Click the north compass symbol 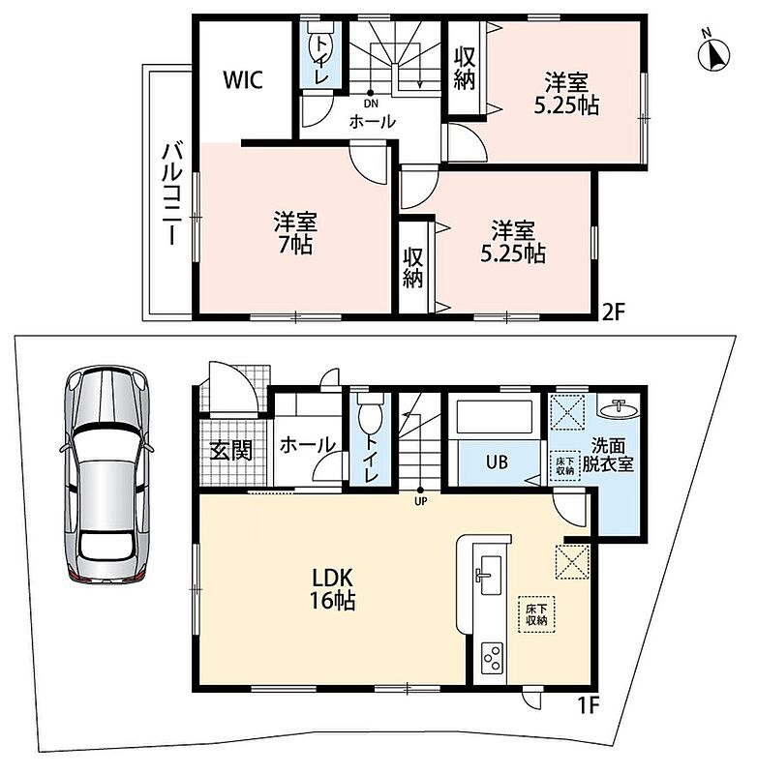[714, 54]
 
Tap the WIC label [242, 80]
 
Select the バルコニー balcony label [172, 193]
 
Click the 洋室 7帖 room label [296, 233]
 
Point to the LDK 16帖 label [331, 588]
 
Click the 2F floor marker [614, 312]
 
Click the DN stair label [371, 104]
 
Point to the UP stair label [421, 501]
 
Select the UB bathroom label [497, 462]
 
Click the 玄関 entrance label [231, 451]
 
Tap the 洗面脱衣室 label [608, 455]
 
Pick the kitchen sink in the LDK [488, 576]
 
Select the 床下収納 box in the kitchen [536, 614]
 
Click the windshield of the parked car [106, 440]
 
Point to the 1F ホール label [307, 446]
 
